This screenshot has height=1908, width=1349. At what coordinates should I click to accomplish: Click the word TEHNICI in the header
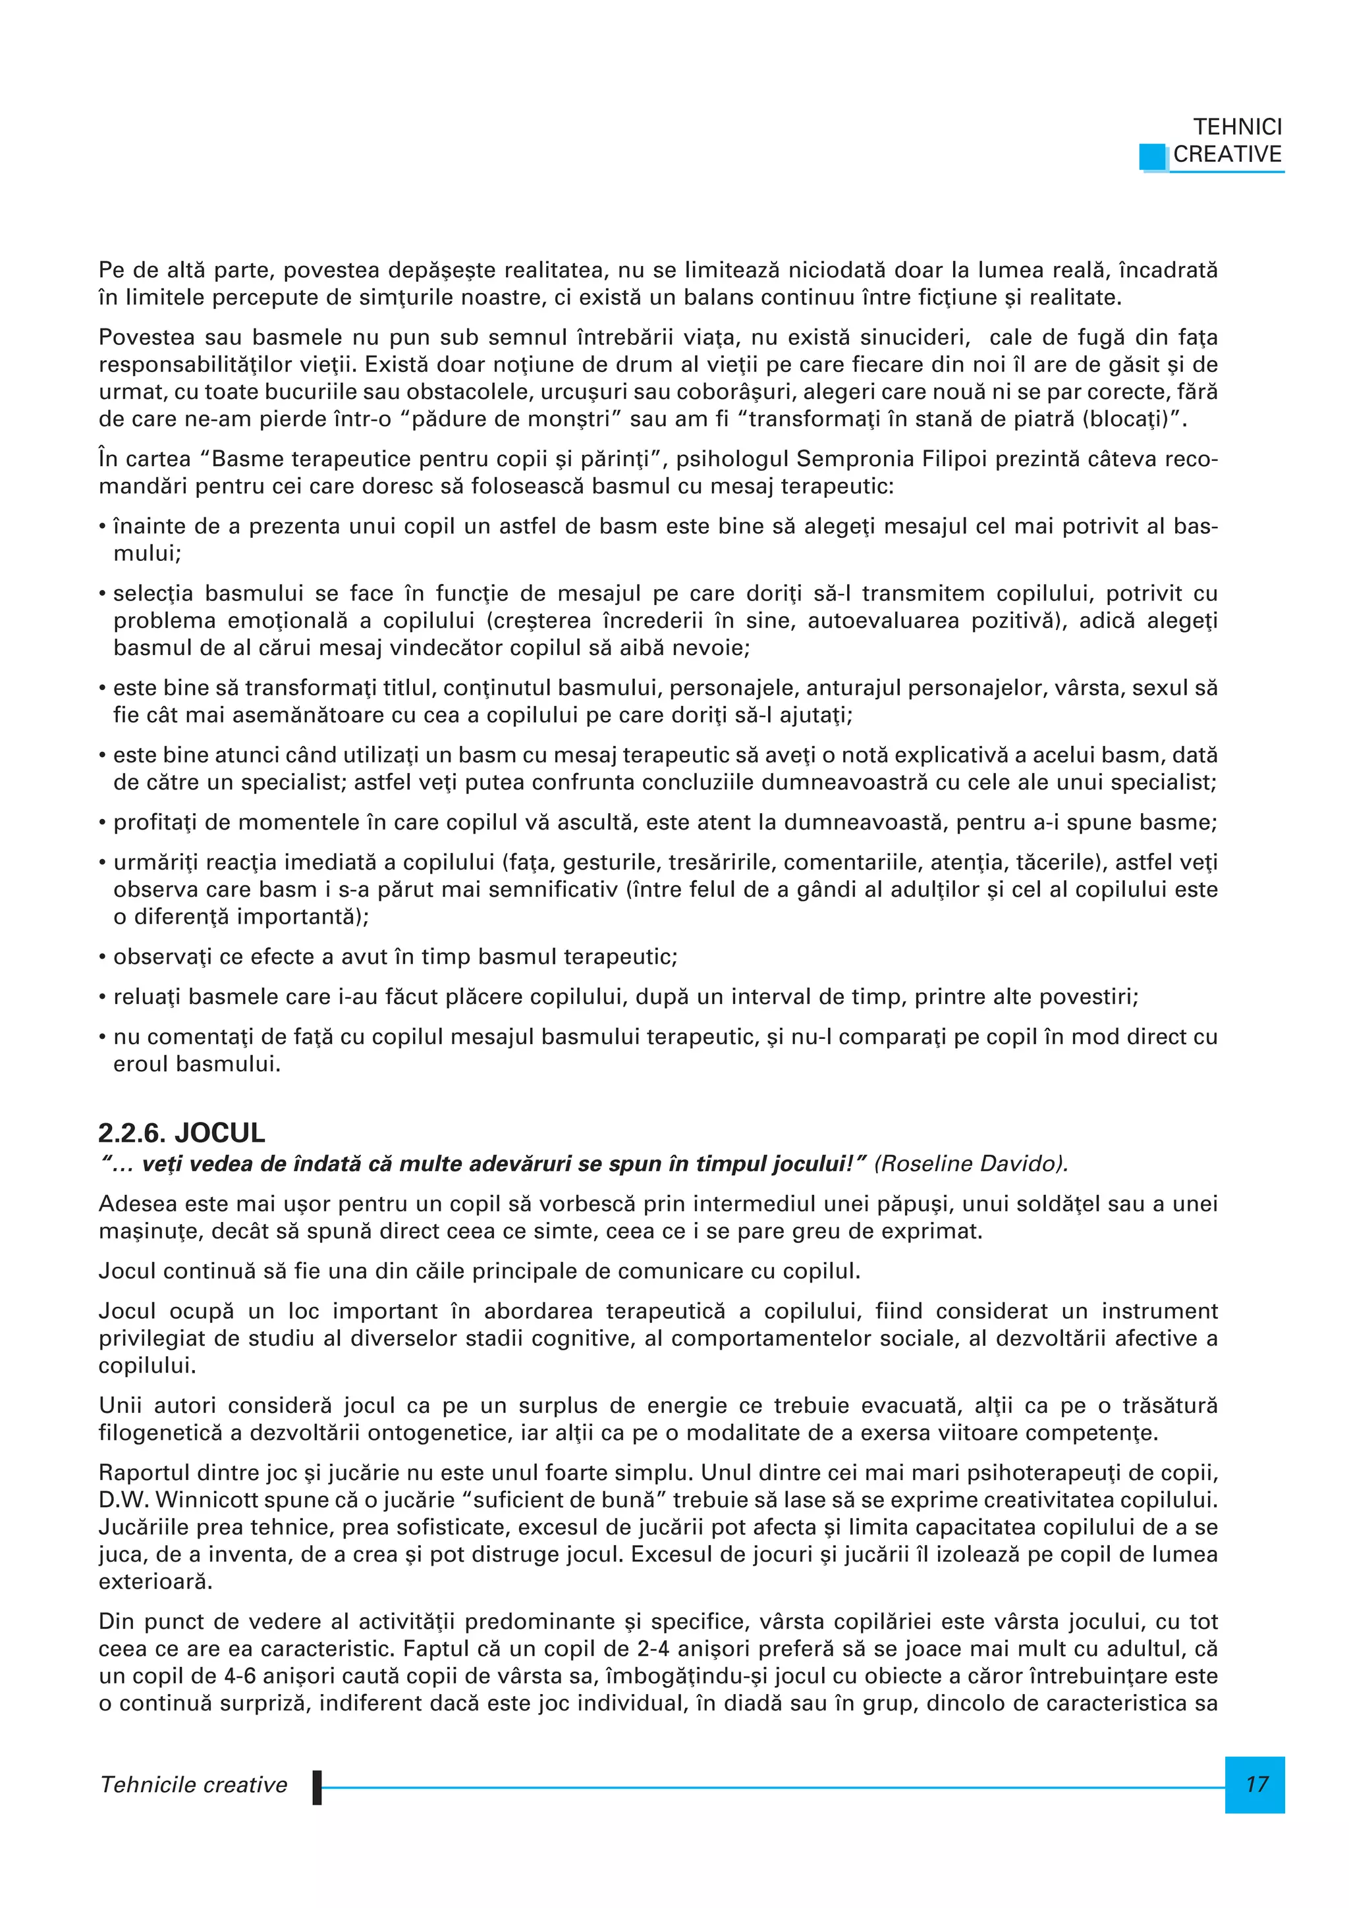(1237, 127)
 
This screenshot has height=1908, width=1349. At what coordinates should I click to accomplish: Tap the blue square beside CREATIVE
(1153, 156)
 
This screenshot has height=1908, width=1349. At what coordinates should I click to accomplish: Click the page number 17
(1256, 1784)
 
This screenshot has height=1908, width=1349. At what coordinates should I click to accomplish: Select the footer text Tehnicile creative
(193, 1784)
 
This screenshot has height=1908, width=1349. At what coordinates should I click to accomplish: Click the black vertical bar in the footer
(317, 1787)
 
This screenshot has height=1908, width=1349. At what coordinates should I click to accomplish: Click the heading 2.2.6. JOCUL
(181, 1132)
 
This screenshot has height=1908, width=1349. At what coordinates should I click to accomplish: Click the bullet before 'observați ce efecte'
(102, 957)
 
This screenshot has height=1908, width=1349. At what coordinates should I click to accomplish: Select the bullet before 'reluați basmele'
(102, 997)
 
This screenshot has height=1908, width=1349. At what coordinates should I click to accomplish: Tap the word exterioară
(155, 1581)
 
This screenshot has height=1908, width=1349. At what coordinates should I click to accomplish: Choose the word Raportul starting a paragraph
(145, 1473)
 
